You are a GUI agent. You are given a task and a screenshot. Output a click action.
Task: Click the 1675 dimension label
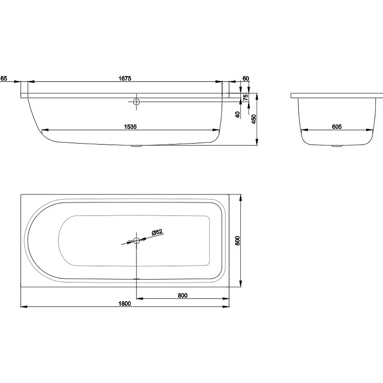tap(125, 79)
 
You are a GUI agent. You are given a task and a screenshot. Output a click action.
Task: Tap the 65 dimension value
tap(4, 79)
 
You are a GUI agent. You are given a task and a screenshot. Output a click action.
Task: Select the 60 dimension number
tap(246, 79)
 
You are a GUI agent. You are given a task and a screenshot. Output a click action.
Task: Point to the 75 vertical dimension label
tap(246, 97)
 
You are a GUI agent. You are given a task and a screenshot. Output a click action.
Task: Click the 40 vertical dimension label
tap(237, 114)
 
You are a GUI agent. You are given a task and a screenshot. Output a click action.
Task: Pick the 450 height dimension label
tap(254, 119)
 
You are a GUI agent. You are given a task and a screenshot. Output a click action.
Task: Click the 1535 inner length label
tap(130, 127)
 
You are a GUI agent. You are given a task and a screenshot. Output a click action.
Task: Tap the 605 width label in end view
tap(337, 127)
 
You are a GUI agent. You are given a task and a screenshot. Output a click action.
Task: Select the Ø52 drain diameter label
tap(157, 232)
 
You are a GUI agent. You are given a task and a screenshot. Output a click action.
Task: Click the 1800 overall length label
tap(124, 304)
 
